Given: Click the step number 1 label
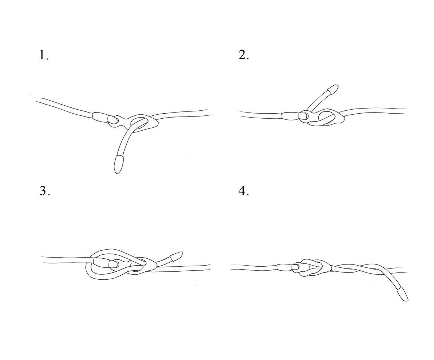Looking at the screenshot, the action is click(44, 55).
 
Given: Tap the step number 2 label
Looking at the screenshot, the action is click(244, 55).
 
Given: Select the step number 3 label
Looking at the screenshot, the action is click(45, 191).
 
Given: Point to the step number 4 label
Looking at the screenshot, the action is click(244, 191).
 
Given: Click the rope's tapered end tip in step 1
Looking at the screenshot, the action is click(117, 173).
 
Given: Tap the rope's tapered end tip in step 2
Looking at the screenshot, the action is click(337, 85).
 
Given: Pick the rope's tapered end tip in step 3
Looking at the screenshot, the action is click(182, 253).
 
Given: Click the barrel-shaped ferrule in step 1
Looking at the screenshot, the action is click(101, 117).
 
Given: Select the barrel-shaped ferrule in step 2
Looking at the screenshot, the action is click(290, 116).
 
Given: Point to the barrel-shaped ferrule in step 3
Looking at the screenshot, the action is click(101, 263).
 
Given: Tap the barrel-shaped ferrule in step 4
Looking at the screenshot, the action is click(284, 267).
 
